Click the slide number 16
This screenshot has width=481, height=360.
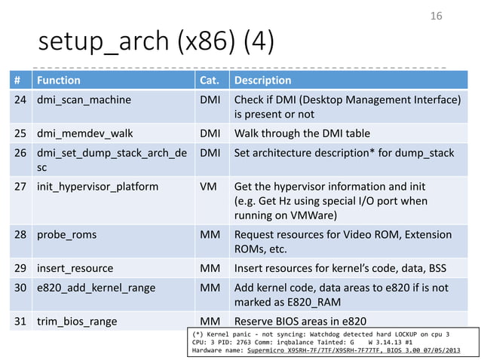click(435, 16)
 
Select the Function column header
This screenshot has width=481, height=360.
click(59, 80)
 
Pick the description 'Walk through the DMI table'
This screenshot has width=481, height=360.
click(302, 134)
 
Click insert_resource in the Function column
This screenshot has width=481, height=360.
click(75, 267)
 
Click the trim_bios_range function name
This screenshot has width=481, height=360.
click(77, 322)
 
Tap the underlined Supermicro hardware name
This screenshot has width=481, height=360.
click(326, 350)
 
